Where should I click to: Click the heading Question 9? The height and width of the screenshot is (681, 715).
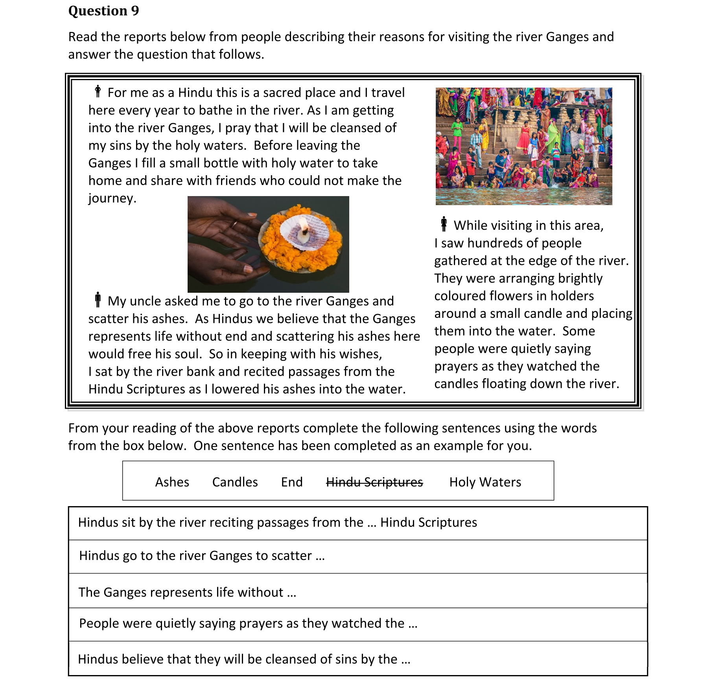coord(103,11)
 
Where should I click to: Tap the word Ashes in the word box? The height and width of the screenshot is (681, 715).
coord(172,482)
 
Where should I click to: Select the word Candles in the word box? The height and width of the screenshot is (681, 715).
coord(235,482)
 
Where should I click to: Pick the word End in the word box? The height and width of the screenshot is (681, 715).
coord(291,482)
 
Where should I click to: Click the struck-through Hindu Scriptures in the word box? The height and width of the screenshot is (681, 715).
coord(374,482)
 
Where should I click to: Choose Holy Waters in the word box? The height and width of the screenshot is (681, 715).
coord(485,482)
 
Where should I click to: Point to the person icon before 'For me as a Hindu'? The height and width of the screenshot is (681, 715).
coord(98,92)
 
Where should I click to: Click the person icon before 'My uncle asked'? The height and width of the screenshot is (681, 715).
coord(98,300)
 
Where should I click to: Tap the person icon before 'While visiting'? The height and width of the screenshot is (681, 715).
coord(444,224)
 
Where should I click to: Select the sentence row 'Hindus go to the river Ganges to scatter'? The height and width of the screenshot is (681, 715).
coord(358,556)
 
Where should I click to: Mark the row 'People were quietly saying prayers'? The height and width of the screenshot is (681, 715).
coord(358,624)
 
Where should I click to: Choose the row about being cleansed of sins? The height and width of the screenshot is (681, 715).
coord(358,659)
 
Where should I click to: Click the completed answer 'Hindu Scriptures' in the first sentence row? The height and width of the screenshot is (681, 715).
coord(428,523)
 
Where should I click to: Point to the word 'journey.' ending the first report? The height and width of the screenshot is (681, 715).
coord(112,198)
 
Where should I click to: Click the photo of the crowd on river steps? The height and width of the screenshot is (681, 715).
coord(523,146)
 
